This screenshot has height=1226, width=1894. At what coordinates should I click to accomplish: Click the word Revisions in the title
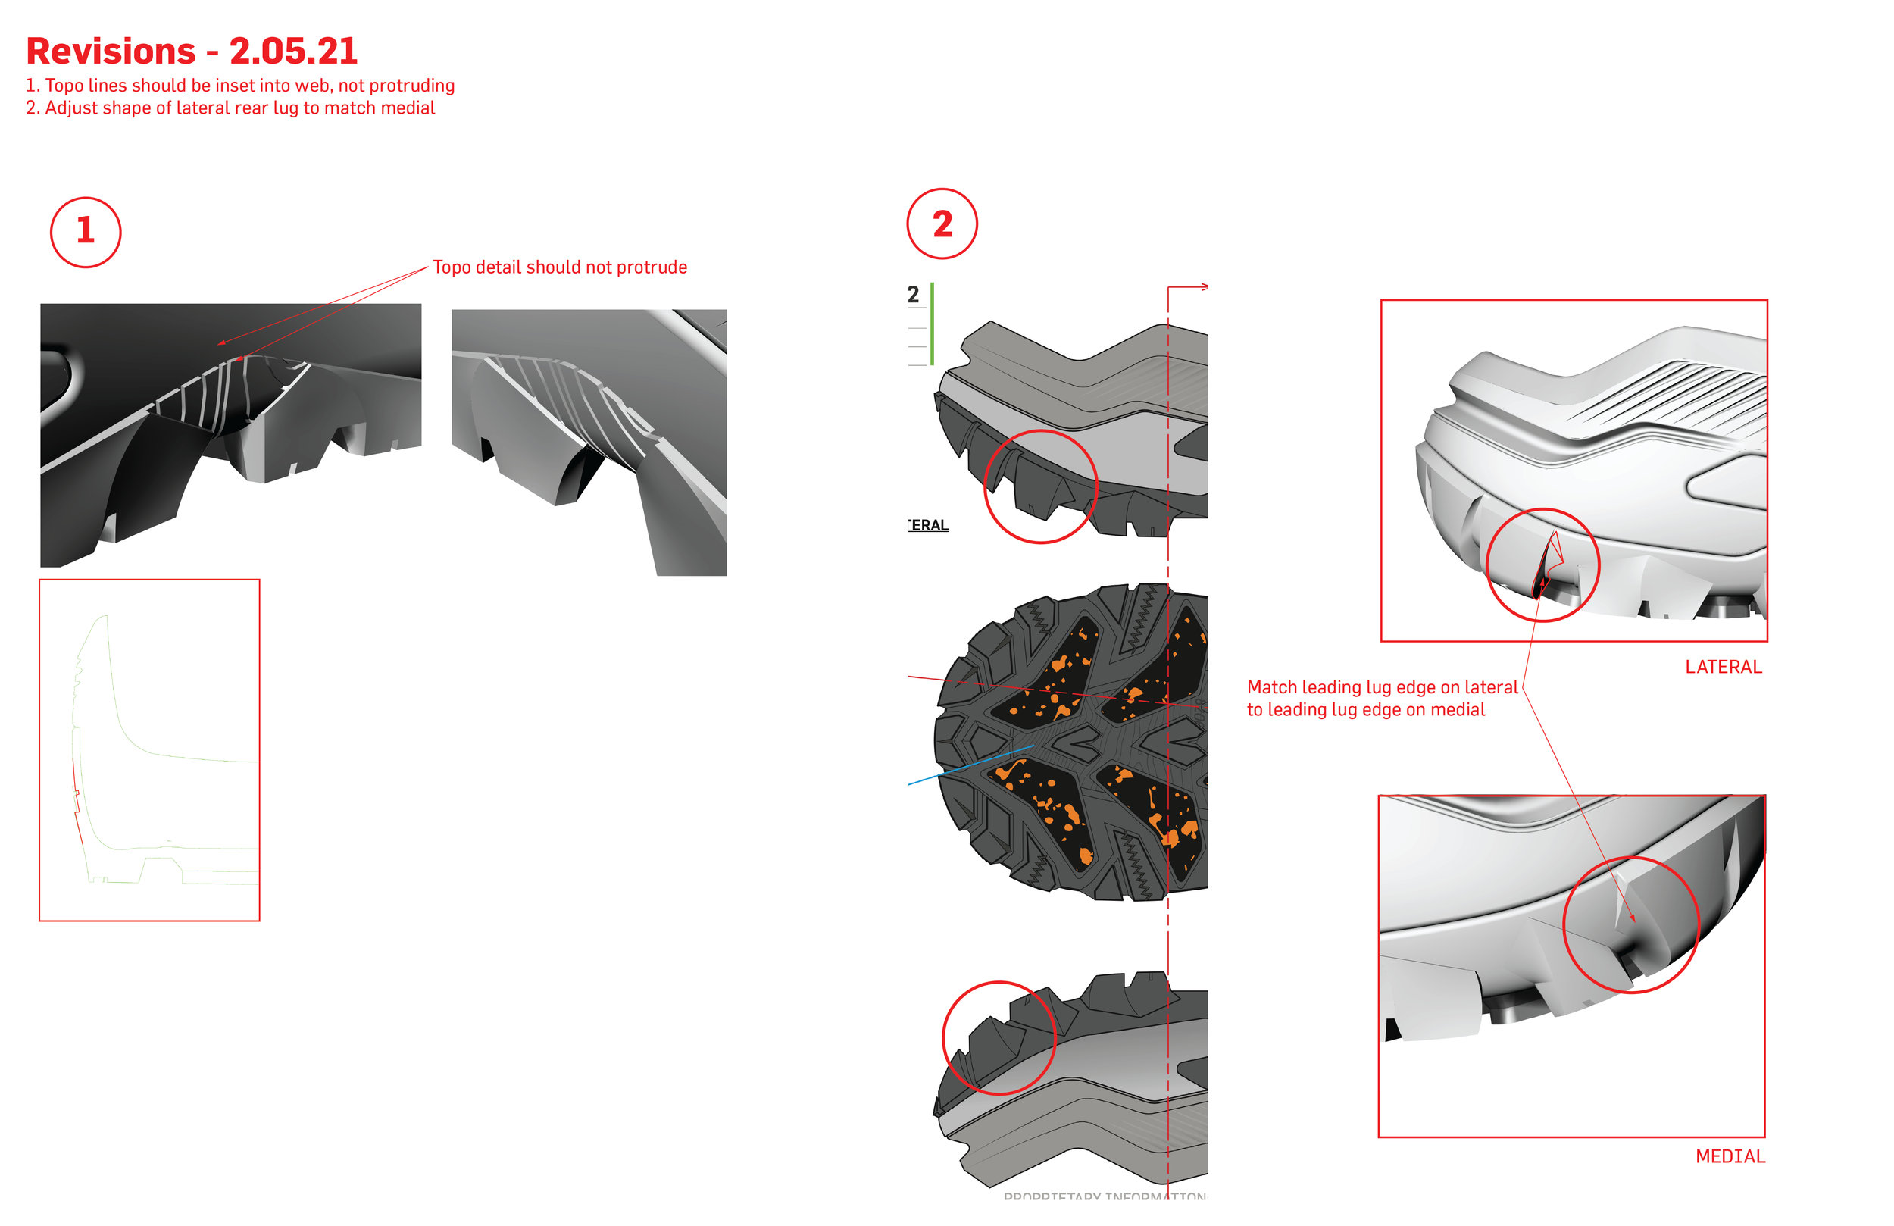(x=111, y=52)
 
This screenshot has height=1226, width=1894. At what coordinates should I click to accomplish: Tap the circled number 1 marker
(x=86, y=233)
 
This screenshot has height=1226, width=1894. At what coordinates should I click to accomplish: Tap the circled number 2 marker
(x=942, y=224)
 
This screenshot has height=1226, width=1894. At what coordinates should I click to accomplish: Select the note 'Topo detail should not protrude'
(x=559, y=267)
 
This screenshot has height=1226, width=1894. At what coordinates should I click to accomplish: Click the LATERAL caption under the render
(x=1723, y=667)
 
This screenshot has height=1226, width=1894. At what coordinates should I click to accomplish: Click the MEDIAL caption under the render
(x=1730, y=1157)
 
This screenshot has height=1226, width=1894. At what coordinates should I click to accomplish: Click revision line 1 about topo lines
(x=240, y=85)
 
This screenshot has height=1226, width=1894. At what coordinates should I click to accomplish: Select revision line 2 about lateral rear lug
(x=231, y=108)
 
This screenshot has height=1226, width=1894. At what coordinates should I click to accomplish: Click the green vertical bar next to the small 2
(x=932, y=324)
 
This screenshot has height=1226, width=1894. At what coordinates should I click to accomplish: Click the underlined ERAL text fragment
(x=930, y=525)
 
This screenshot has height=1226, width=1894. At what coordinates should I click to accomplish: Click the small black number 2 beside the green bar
(x=913, y=296)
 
